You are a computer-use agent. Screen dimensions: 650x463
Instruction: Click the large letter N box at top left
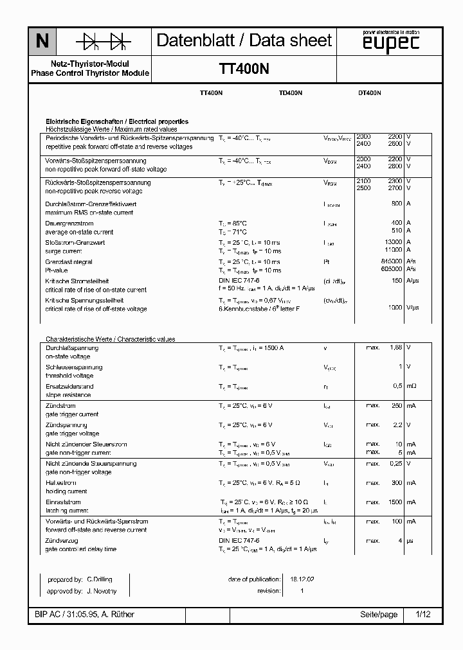click(42, 41)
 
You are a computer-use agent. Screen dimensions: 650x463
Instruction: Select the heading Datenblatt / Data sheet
click(244, 40)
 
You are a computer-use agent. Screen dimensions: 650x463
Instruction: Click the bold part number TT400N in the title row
click(244, 69)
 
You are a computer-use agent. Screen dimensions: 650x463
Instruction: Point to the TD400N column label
click(291, 93)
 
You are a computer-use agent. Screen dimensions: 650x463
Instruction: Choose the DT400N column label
click(369, 93)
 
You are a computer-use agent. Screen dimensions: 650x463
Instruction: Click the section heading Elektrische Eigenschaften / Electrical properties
click(116, 121)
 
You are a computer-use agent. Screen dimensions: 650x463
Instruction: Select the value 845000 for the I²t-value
click(390, 262)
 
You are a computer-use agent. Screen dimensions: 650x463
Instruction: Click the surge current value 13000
click(393, 243)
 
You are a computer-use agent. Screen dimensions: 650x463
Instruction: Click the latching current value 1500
click(395, 502)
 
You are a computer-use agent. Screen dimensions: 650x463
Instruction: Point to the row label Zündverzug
click(61, 541)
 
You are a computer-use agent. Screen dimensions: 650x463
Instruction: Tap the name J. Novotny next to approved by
click(102, 591)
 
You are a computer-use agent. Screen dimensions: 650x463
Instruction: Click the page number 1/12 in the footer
click(422, 615)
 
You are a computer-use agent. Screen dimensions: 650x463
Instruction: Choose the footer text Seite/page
click(379, 615)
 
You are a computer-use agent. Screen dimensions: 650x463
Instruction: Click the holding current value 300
click(397, 482)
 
